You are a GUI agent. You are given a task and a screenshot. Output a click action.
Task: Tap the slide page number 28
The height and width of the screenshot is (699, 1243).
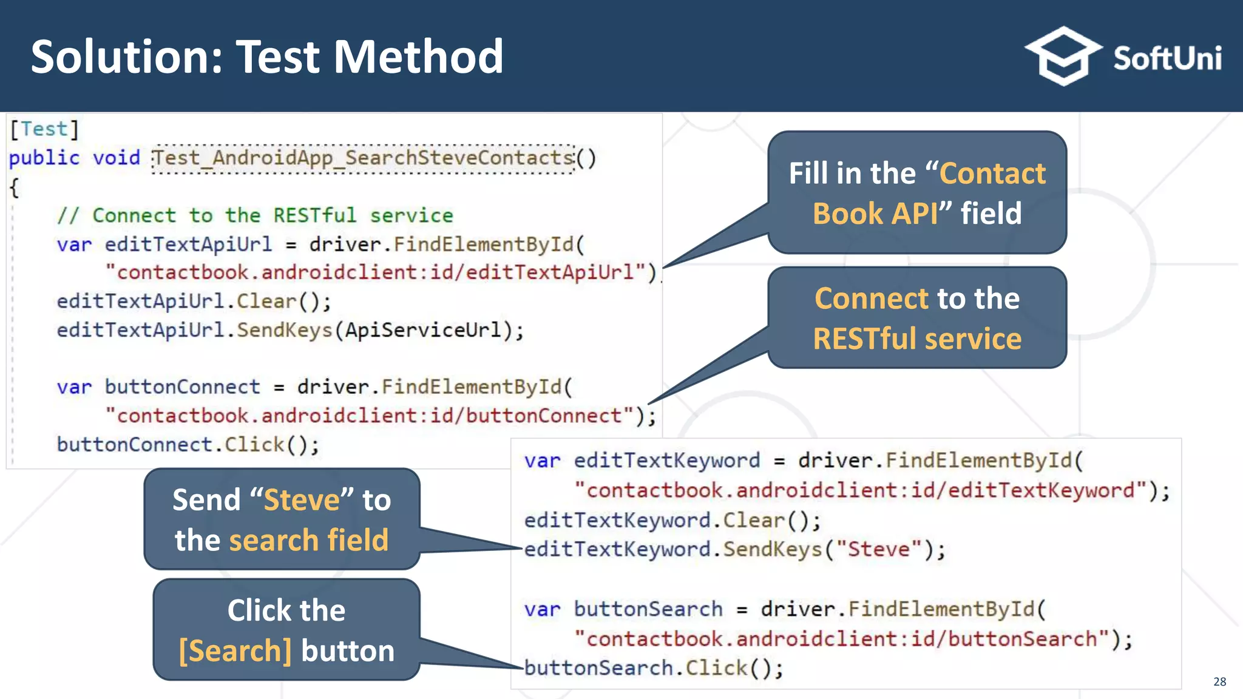pyautogui.click(x=1219, y=681)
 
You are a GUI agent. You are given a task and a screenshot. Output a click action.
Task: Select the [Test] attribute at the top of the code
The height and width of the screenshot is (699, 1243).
pyautogui.click(x=44, y=129)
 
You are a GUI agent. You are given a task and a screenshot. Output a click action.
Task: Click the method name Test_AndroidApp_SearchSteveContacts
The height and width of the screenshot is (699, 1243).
pyautogui.click(x=363, y=158)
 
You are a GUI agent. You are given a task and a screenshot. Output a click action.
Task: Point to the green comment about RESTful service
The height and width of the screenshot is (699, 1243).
pyautogui.click(x=255, y=215)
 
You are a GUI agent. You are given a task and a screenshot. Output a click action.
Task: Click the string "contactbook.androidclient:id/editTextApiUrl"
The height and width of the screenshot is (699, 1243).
pyautogui.click(x=376, y=272)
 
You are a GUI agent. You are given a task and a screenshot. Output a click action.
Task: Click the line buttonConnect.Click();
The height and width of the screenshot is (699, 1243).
pyautogui.click(x=188, y=445)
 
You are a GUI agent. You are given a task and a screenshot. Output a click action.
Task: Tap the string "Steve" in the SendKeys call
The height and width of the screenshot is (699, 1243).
pyautogui.click(x=878, y=550)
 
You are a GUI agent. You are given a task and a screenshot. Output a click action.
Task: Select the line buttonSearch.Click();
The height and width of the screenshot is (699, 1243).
pyautogui.click(x=654, y=668)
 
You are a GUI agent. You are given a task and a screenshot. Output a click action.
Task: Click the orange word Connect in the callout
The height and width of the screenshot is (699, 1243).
pyautogui.click(x=871, y=299)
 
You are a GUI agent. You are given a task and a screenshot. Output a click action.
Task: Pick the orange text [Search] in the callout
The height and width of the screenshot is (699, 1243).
pyautogui.click(x=235, y=651)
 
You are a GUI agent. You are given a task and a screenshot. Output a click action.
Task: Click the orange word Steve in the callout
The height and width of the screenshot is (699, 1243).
pyautogui.click(x=302, y=501)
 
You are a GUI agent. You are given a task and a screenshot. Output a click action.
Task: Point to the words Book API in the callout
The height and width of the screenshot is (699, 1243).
pyautogui.click(x=875, y=214)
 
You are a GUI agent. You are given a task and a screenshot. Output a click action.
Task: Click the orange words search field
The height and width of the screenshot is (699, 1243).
pyautogui.click(x=308, y=540)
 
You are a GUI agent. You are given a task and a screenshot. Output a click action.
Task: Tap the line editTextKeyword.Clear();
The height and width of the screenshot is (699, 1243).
pyautogui.click(x=672, y=521)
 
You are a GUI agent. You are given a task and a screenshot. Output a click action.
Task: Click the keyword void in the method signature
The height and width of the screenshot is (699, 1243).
pyautogui.click(x=116, y=158)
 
